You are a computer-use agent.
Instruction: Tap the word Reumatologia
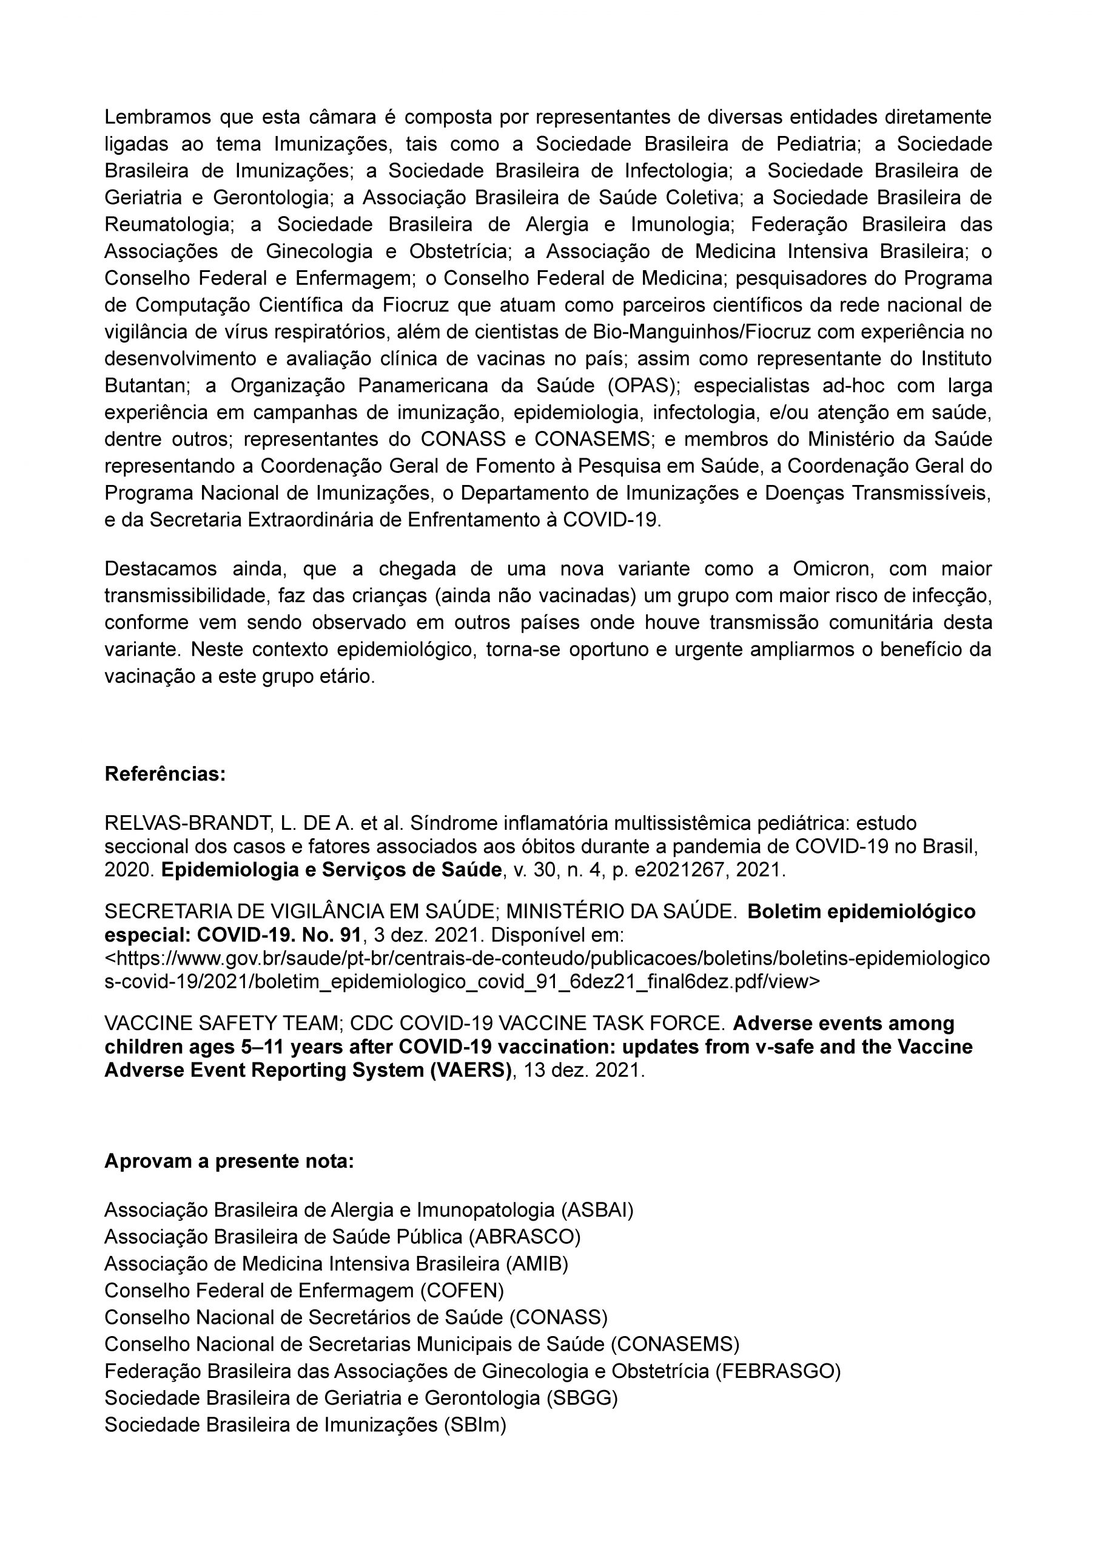(x=166, y=224)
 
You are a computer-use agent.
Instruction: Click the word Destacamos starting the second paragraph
(x=160, y=568)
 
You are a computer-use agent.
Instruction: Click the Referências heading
(x=165, y=774)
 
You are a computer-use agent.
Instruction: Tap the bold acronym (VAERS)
(x=469, y=1071)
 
